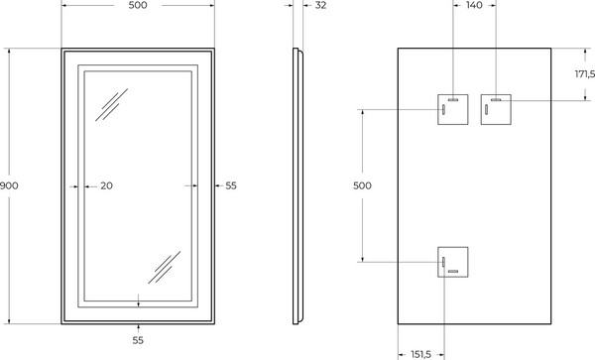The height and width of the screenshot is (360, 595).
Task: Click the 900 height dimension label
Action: tap(9, 185)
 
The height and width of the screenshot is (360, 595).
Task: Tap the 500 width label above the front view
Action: tap(137, 6)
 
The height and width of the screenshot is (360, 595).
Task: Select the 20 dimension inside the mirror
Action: tap(107, 185)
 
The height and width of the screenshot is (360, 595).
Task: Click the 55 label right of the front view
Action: tap(231, 185)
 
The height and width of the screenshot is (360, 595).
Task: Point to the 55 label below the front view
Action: tap(138, 340)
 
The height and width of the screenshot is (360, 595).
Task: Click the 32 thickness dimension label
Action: tap(320, 6)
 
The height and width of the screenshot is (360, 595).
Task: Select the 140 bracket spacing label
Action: tap(474, 6)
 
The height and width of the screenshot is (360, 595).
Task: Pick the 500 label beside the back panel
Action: tap(363, 185)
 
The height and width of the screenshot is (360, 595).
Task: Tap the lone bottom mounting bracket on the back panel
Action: tap(453, 262)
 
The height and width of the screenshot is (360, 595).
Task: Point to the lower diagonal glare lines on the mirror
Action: tap(163, 266)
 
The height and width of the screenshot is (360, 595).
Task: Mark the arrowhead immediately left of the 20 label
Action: tap(86, 185)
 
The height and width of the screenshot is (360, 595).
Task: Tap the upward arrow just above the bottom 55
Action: tap(138, 326)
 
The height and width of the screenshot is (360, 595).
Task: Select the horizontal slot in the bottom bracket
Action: tap(453, 271)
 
